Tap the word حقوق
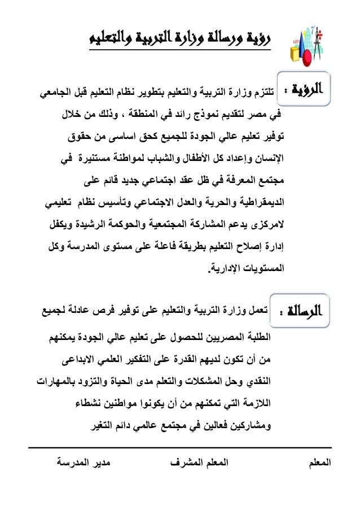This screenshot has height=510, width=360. pyautogui.click(x=78, y=136)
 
